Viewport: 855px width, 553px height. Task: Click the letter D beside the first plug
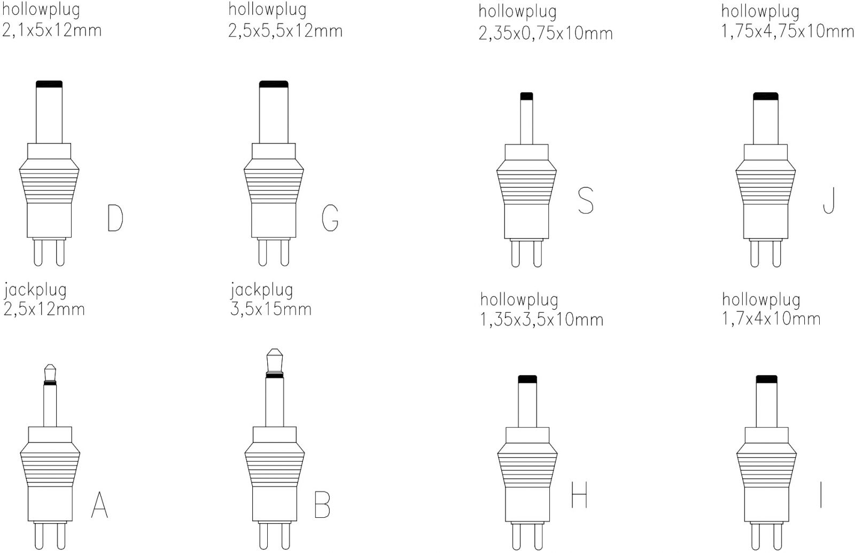[115, 218]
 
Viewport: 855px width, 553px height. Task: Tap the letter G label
[330, 218]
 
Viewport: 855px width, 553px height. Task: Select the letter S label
[586, 200]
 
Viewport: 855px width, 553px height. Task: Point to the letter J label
[829, 200]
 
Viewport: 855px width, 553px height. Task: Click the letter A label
[99, 504]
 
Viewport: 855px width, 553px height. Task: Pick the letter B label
[322, 504]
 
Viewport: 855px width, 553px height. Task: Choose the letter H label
[579, 495]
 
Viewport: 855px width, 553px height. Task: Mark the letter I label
[821, 495]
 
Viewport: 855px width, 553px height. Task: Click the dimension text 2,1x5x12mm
[52, 30]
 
